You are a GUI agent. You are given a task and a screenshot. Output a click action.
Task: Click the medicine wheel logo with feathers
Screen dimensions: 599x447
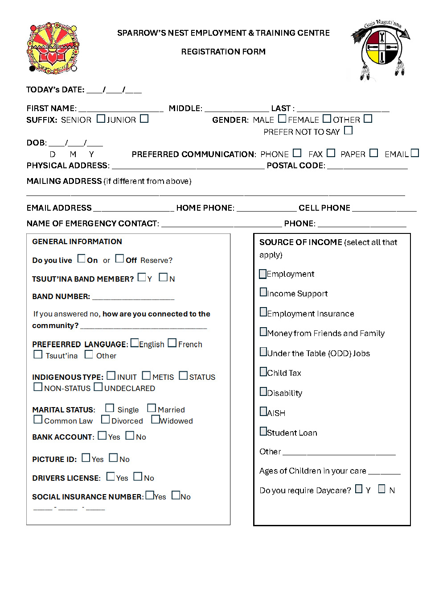[381, 49]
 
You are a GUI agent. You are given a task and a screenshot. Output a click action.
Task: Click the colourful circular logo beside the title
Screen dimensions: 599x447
[53, 48]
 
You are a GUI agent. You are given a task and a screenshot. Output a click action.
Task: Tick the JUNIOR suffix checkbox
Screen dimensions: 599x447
[144, 119]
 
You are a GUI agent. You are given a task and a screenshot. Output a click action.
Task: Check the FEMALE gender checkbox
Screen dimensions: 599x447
[327, 119]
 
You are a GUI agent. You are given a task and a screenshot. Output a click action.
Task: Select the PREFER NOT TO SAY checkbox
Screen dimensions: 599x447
[348, 130]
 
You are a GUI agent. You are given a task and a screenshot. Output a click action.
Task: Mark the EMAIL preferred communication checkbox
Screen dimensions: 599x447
[414, 153]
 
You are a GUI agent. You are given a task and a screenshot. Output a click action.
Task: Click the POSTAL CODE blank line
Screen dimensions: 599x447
[367, 166]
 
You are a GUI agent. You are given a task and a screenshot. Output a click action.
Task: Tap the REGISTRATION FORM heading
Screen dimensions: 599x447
[223, 52]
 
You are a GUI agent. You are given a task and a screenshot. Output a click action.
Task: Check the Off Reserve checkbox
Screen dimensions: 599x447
[119, 258]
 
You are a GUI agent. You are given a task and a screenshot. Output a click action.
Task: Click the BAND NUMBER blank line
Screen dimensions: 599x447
[133, 297]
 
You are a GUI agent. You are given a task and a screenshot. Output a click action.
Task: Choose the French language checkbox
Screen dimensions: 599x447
[172, 343]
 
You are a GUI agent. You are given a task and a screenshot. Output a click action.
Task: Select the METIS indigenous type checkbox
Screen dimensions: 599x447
[146, 376]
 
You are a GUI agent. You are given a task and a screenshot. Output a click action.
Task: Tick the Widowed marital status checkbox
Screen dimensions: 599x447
[155, 420]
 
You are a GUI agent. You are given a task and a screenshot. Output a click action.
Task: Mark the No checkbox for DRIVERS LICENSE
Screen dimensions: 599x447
[138, 477]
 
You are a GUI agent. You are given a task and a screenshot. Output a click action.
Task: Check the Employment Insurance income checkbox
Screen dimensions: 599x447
[263, 312]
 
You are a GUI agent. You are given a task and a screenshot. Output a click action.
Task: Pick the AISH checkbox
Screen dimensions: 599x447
[263, 412]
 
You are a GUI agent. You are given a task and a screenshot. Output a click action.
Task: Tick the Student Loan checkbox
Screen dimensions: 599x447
[263, 431]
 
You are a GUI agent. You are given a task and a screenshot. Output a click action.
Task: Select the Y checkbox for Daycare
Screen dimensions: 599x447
[359, 489]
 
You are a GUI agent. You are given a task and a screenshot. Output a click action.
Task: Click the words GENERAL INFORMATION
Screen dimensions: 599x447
[77, 241]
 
